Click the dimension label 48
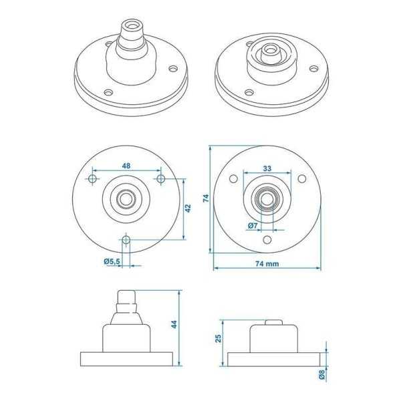[x=126, y=166]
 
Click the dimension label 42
[x=188, y=208]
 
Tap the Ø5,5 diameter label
[x=112, y=261]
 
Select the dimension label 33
[x=267, y=168]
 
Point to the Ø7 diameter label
[x=253, y=225]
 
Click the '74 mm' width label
[x=267, y=264]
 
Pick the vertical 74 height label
[x=206, y=198]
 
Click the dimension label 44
[x=174, y=324]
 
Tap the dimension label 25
[x=218, y=338]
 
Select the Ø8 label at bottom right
[x=322, y=374]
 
